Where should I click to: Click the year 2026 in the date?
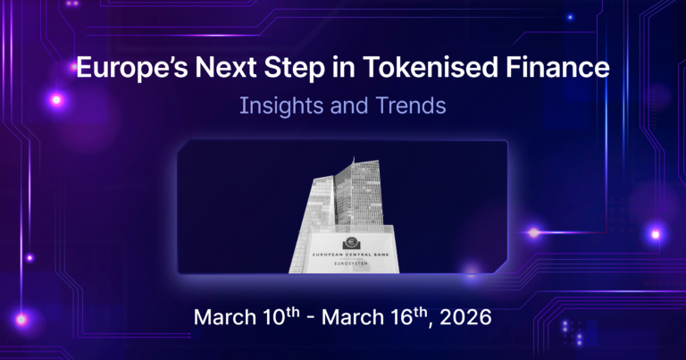click(x=464, y=319)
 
